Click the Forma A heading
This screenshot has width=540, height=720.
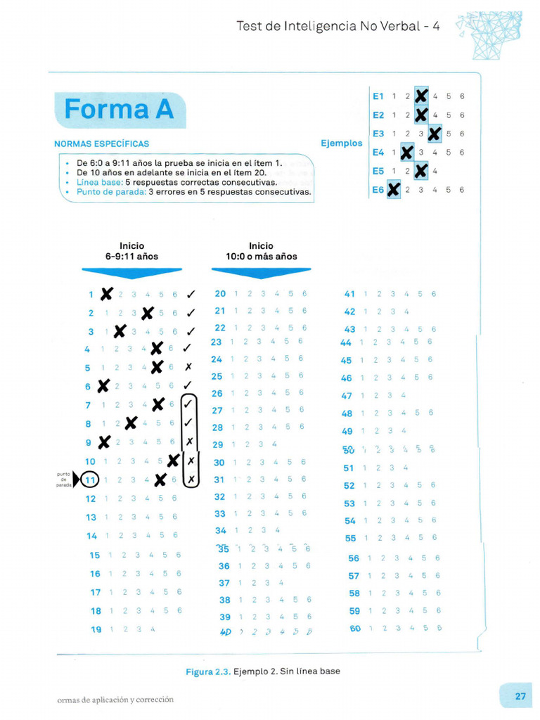pyautogui.click(x=119, y=110)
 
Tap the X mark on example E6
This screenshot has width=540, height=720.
pyautogui.click(x=393, y=189)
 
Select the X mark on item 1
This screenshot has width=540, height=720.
pyautogui.click(x=106, y=294)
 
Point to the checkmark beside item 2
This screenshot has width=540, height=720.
pyautogui.click(x=191, y=313)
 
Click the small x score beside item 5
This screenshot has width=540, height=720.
pyautogui.click(x=188, y=367)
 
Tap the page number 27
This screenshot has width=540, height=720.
pyautogui.click(x=520, y=696)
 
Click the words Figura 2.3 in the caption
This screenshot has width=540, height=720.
pyautogui.click(x=207, y=671)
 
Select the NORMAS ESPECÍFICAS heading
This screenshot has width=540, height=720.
pyautogui.click(x=102, y=144)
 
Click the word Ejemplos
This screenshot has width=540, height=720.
pyautogui.click(x=342, y=143)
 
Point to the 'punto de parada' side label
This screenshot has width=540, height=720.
pyautogui.click(x=64, y=480)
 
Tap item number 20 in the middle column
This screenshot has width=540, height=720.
pyautogui.click(x=220, y=293)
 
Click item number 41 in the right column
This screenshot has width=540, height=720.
pyautogui.click(x=349, y=294)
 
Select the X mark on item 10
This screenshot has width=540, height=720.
pyautogui.click(x=174, y=461)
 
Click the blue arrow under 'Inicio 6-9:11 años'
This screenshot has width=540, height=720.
pyautogui.click(x=131, y=272)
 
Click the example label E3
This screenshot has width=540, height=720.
pyautogui.click(x=378, y=133)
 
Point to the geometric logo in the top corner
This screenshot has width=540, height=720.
pyautogui.click(x=490, y=34)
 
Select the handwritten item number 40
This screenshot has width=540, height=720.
pyautogui.click(x=225, y=631)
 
